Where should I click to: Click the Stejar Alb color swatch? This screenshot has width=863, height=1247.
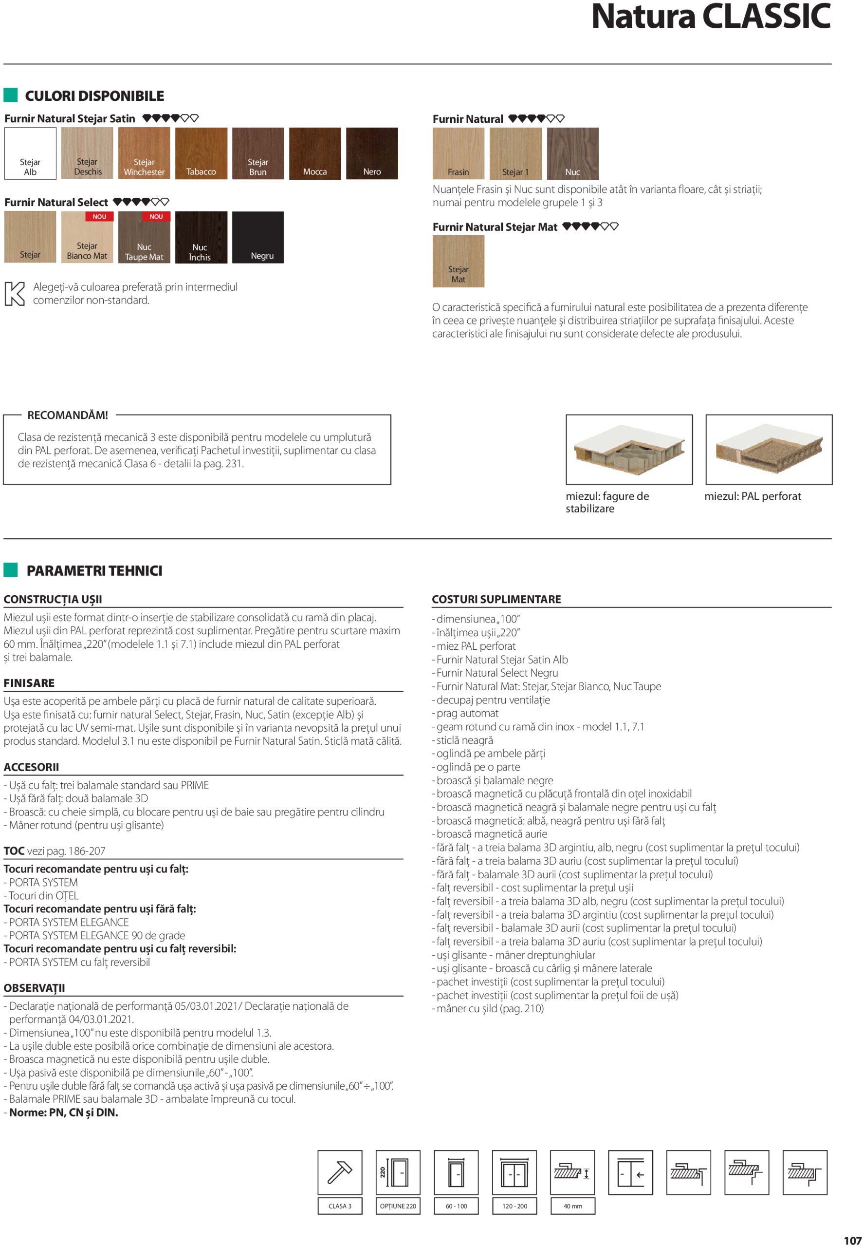click(x=30, y=153)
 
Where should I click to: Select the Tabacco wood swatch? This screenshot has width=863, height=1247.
click(x=201, y=153)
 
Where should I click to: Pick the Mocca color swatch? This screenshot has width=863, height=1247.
click(x=315, y=153)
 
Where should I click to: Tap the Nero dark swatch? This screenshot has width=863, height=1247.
click(x=372, y=153)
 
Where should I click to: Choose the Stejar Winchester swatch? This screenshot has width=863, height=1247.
click(x=145, y=153)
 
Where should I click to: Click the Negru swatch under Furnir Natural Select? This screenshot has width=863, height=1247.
click(x=258, y=238)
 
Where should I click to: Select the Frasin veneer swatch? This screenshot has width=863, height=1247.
click(x=459, y=153)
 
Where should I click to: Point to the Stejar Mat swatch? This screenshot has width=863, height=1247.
click(x=459, y=261)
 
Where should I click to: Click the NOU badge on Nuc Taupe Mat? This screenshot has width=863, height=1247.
click(x=156, y=216)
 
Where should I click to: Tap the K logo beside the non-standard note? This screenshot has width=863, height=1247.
click(x=15, y=294)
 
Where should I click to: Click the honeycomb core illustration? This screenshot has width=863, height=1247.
click(x=629, y=450)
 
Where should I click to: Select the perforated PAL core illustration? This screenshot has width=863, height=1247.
click(x=769, y=450)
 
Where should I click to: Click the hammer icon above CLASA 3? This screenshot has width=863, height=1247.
click(x=340, y=1172)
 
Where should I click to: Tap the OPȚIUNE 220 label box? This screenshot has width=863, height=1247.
click(x=398, y=1206)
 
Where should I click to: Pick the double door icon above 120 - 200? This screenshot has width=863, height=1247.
click(x=514, y=1172)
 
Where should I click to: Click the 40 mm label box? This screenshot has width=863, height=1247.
click(x=572, y=1206)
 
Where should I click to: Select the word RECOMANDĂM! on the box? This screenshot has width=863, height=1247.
click(x=68, y=415)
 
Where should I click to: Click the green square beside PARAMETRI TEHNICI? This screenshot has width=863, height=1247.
click(x=11, y=569)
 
